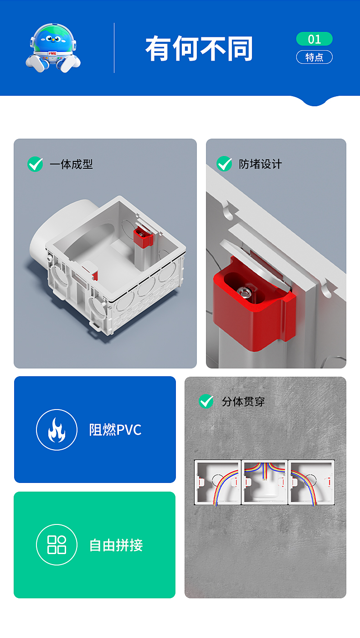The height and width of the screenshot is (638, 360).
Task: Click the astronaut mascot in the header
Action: pos(53,48)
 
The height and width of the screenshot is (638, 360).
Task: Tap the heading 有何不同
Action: pos(199,48)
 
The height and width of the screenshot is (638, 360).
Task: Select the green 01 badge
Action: pos(314,39)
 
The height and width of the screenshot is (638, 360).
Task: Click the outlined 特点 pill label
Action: pos(314,57)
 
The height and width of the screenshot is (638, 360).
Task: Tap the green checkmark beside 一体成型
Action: pos(35,164)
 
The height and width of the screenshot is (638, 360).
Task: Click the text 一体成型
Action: pos(72,164)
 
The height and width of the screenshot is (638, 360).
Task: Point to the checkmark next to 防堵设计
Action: pos(224,164)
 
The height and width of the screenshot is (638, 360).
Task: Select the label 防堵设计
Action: pos(260,164)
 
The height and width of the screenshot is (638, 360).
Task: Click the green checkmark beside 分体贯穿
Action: pos(206,401)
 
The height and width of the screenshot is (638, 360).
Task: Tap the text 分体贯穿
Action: pos(243,402)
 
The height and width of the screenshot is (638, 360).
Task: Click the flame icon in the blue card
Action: pos(57,430)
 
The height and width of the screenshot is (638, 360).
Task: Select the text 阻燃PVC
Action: pos(115,430)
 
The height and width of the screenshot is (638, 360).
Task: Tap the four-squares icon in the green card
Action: pos(57,545)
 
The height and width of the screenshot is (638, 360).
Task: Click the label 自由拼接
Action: pos(116,545)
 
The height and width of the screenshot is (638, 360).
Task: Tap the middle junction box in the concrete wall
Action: pos(265,482)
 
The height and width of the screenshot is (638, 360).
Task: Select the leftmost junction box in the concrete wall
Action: pos(218,482)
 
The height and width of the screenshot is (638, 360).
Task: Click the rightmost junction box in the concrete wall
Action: pos(311,482)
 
